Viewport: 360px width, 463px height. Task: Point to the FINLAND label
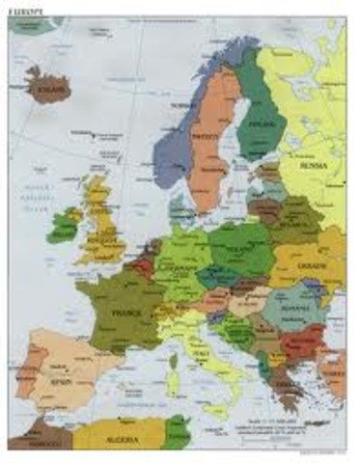coord(259,125)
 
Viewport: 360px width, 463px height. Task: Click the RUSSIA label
coord(313,164)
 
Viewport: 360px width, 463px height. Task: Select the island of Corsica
coord(172,358)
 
